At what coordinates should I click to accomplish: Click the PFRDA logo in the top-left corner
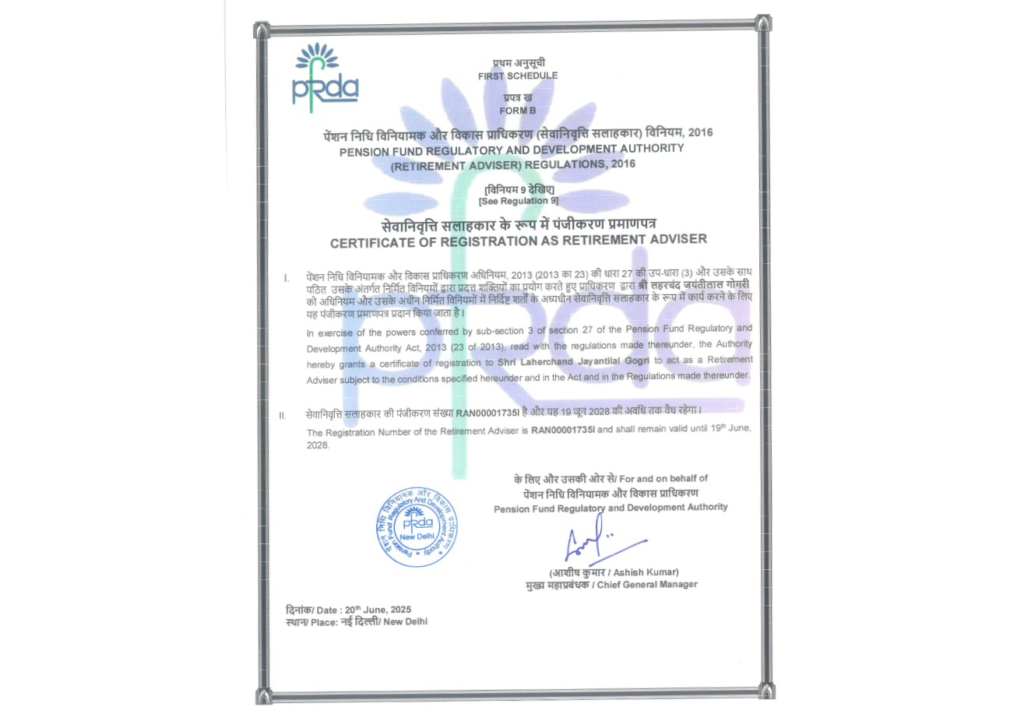coord(326,74)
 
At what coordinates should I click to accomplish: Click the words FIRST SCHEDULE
coord(518,76)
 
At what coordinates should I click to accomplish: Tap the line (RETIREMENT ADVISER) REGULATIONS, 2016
coord(512,164)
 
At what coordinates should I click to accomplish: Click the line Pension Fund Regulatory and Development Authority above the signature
coord(611,508)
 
